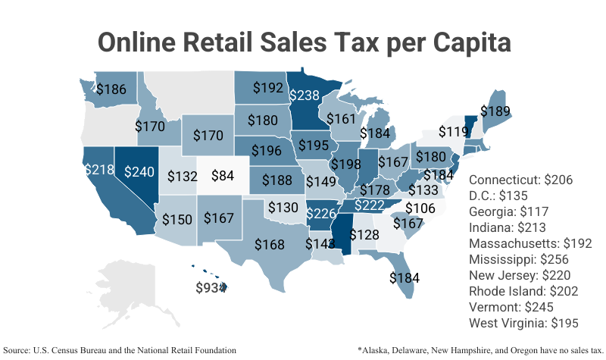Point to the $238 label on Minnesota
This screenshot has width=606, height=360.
click(304, 95)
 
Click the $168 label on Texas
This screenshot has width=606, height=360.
click(269, 244)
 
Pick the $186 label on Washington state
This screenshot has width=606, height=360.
click(111, 89)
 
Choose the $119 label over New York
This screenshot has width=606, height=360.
click(453, 131)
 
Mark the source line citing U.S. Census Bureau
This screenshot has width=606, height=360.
click(120, 350)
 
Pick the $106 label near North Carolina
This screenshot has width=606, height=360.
click(422, 208)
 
